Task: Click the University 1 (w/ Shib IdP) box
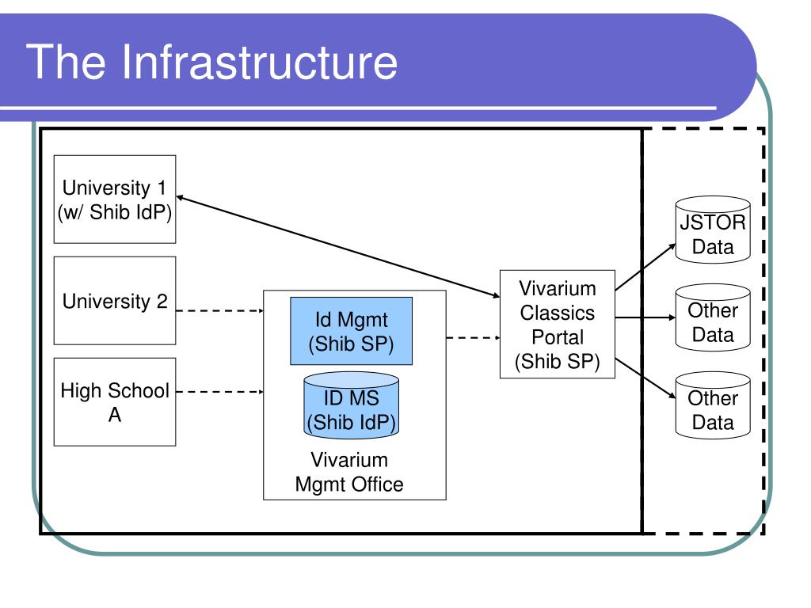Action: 115,199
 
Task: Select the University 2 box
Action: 115,300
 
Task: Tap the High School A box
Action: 115,401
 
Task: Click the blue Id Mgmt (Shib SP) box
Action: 351,331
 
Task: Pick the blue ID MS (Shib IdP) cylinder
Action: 351,405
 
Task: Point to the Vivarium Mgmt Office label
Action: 349,472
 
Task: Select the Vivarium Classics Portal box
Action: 557,324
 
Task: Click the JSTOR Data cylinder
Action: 713,230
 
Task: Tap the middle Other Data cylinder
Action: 713,317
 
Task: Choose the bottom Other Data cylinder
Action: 713,405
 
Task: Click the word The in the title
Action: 65,62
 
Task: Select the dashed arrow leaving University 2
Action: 220,310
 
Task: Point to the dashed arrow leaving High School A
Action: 220,392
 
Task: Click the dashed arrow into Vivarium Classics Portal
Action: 474,337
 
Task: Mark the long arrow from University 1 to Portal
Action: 338,247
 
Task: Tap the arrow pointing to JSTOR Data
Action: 645,266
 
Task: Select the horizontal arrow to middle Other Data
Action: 645,317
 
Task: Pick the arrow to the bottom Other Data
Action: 645,378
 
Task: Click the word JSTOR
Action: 713,222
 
